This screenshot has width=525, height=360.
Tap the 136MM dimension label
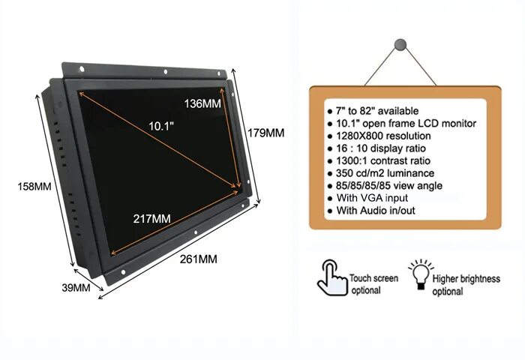(x=202, y=103)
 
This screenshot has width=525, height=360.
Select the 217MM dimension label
(x=151, y=218)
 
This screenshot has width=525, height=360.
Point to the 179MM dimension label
(x=265, y=133)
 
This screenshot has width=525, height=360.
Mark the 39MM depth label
(x=75, y=287)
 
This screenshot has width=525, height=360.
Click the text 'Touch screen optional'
(x=373, y=284)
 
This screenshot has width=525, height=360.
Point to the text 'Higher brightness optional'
(x=465, y=285)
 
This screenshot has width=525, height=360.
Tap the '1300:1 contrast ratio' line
(x=379, y=160)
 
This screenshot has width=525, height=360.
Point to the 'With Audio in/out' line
(x=375, y=211)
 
